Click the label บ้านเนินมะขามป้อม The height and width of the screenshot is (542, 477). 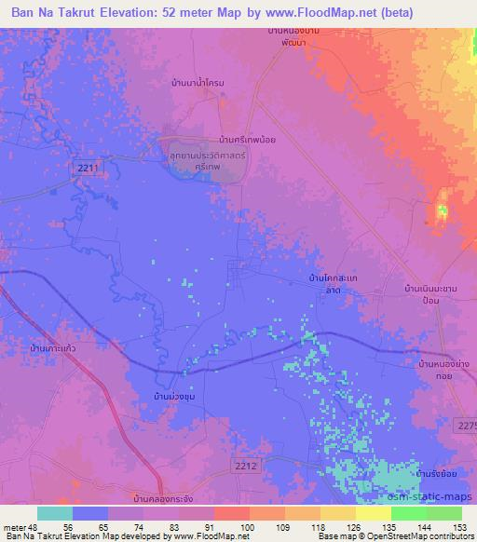tap(429, 297)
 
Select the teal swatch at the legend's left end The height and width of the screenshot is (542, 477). tap(55, 513)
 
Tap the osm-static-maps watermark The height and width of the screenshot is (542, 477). tap(438, 497)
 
